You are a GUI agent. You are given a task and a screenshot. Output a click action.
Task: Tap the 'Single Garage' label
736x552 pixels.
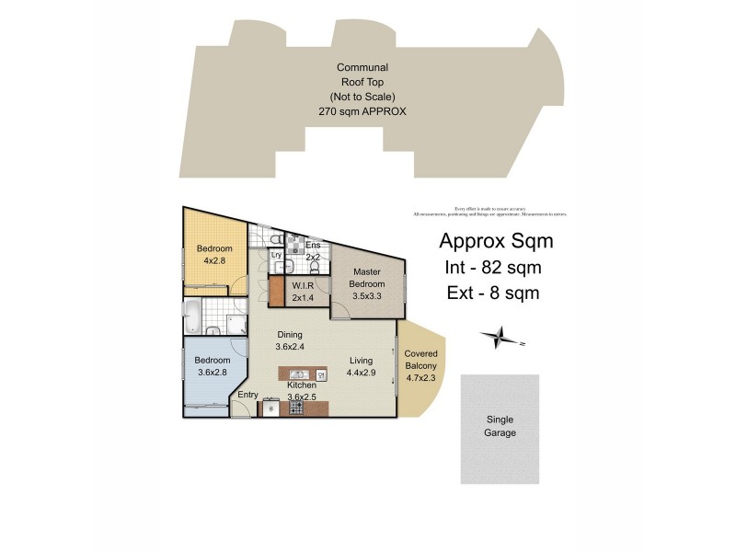point(500,426)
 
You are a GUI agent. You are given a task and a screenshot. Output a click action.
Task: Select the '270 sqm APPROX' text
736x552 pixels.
point(362,110)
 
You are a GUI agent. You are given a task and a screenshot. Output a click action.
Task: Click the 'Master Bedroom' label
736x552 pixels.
point(367,278)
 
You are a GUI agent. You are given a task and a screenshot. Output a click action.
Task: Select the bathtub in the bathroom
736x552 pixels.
point(193,316)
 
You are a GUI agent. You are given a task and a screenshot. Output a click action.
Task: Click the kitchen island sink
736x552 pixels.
point(299,374)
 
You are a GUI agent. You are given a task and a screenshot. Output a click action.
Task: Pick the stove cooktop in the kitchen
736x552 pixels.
point(296,408)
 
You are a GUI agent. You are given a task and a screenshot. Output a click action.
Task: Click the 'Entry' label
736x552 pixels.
point(247,395)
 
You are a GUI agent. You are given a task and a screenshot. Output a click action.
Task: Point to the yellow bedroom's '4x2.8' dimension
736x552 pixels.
point(213,260)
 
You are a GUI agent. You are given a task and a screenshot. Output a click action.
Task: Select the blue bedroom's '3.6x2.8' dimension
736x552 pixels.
point(213,373)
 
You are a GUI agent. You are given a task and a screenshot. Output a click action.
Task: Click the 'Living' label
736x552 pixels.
point(361,361)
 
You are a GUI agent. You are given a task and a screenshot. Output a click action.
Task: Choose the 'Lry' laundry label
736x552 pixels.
point(275,255)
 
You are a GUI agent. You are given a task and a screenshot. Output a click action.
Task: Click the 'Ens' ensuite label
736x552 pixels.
point(312,246)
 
